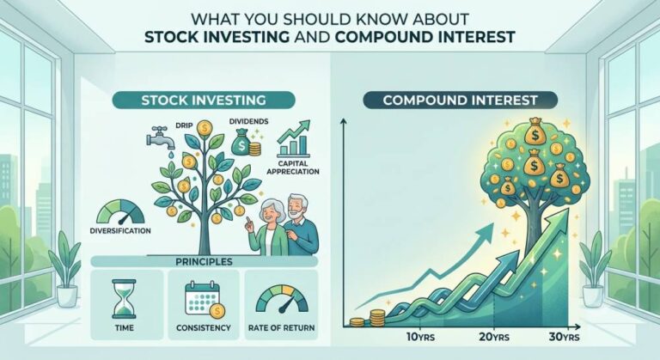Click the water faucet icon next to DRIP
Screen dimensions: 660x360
161,137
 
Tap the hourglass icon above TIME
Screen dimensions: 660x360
124,300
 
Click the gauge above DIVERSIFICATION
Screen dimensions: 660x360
121,211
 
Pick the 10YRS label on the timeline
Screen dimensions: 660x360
420,337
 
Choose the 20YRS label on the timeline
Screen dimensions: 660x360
494,337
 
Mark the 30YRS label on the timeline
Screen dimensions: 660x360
564,337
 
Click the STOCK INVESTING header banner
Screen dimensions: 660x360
204,101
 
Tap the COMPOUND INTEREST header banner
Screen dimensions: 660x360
460,101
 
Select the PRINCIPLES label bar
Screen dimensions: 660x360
204,261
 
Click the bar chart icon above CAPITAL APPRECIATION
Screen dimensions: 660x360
294,138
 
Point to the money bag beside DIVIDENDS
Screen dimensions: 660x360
241,142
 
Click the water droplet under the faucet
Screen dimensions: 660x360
170,156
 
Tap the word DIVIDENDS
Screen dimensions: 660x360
248,121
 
